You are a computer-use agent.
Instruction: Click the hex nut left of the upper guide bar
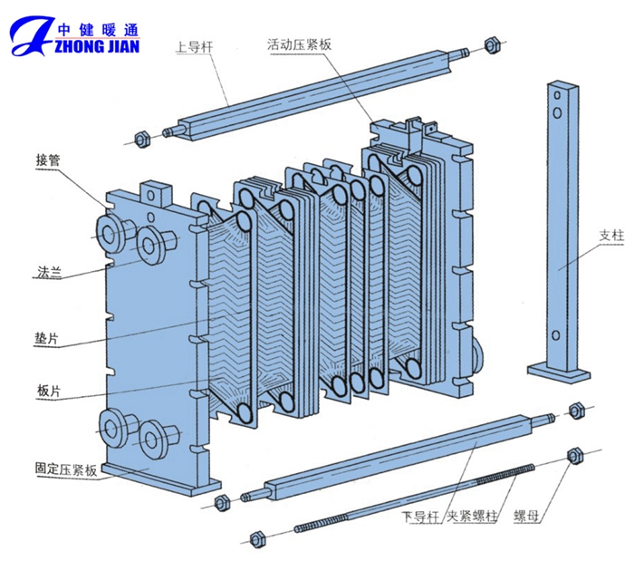tap(141, 139)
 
